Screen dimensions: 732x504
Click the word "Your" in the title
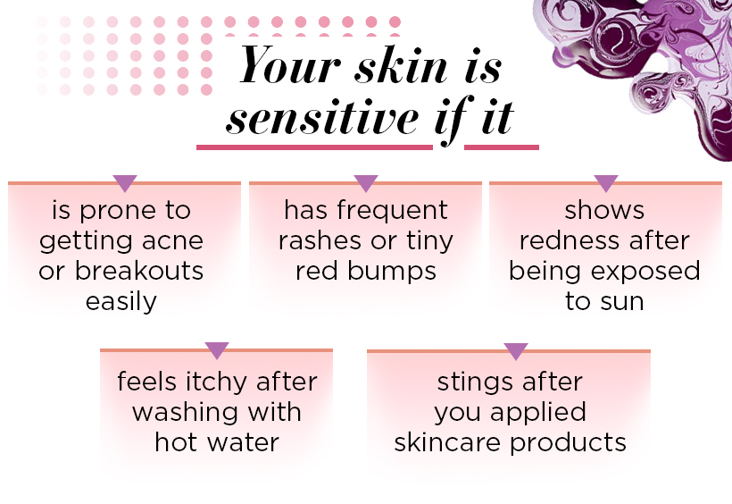click(289, 64)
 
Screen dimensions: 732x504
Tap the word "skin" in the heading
click(402, 64)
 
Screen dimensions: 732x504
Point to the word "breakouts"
click(139, 271)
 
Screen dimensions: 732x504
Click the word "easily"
click(121, 301)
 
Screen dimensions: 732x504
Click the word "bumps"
click(392, 272)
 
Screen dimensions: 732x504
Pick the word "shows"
click(604, 210)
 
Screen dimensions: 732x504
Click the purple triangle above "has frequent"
click(366, 183)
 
